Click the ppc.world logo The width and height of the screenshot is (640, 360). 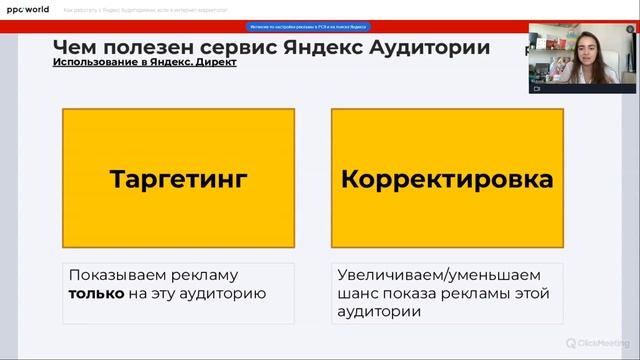(x=29, y=9)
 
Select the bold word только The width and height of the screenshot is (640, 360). (x=95, y=294)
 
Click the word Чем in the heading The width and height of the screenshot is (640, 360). (x=75, y=47)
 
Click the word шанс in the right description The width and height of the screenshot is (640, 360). (x=358, y=294)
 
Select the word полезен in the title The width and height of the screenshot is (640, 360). (x=144, y=47)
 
